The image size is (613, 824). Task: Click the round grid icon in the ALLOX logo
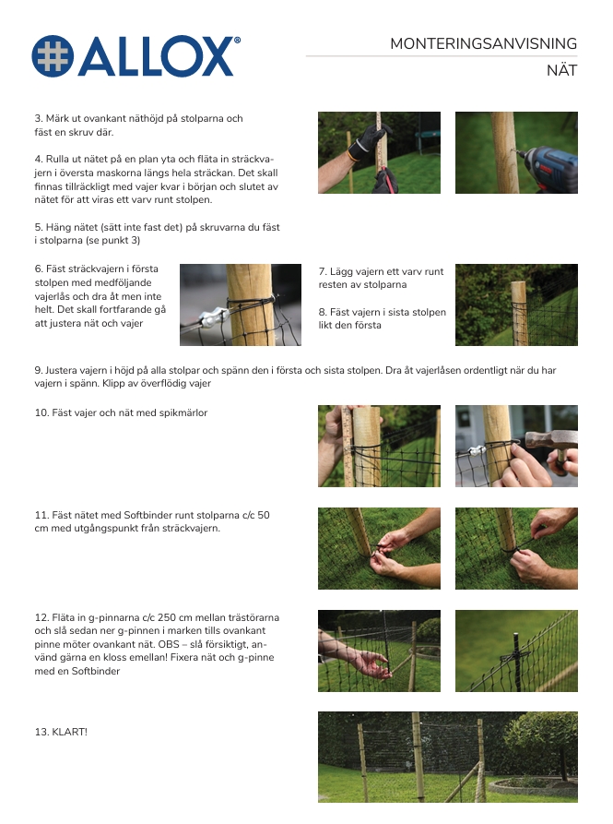tap(53, 55)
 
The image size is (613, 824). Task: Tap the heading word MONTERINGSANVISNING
tap(483, 43)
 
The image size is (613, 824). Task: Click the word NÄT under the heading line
tap(561, 70)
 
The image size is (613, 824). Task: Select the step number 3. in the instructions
tap(39, 119)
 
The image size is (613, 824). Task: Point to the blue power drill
tap(548, 167)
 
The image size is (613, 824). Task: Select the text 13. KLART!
tap(61, 732)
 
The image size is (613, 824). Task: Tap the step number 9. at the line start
tap(39, 371)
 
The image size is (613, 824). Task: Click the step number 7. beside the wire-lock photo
tap(323, 271)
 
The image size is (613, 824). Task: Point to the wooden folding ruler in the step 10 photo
tap(347, 446)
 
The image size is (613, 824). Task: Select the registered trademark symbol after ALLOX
tap(237, 40)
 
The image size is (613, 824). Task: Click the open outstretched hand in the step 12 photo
tap(371, 663)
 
